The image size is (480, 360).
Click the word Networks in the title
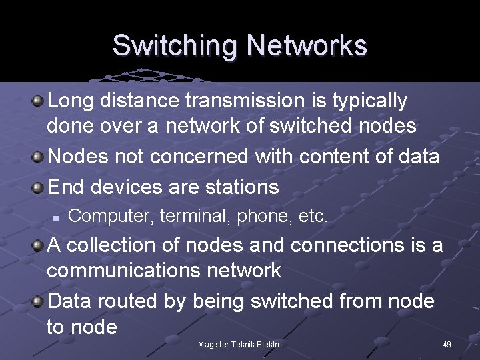pyautogui.click(x=307, y=45)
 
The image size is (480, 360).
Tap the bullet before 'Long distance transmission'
pyautogui.click(x=39, y=101)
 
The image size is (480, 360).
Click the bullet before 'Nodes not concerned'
pyautogui.click(x=39, y=157)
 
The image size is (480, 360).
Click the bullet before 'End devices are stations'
pyautogui.click(x=39, y=187)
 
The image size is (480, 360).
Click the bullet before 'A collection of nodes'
pyautogui.click(x=39, y=245)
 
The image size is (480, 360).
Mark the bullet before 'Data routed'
pyautogui.click(x=39, y=301)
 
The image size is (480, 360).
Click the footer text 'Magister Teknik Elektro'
pyautogui.click(x=240, y=345)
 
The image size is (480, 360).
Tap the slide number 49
pyautogui.click(x=447, y=345)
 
